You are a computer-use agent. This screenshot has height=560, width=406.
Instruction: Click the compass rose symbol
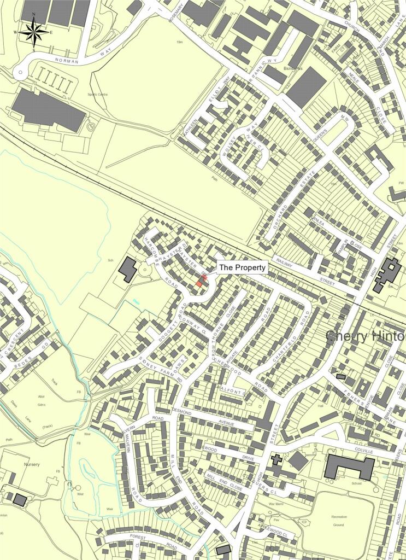(33, 32)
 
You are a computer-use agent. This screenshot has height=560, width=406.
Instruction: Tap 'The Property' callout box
(243, 267)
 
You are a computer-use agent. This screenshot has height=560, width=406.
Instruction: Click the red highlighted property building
(202, 282)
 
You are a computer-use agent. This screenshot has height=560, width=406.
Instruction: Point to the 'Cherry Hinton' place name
(366, 336)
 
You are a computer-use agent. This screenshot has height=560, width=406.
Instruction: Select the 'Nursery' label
(32, 464)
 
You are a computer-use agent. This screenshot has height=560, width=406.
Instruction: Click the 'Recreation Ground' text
(339, 521)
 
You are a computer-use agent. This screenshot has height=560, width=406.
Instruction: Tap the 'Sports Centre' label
(98, 94)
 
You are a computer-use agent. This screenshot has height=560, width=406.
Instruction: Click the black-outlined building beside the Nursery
(20, 499)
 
